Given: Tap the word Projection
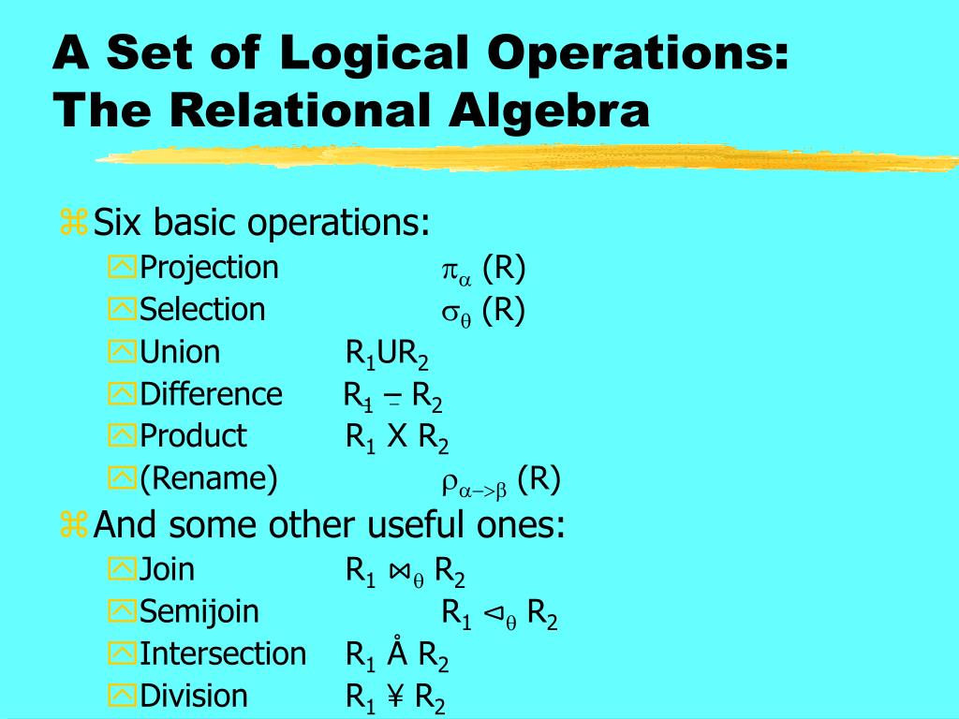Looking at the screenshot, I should click(x=209, y=268).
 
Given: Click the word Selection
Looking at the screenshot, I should click(x=202, y=310).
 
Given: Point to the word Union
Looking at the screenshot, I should click(x=180, y=352).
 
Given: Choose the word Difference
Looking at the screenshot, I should click(x=211, y=394).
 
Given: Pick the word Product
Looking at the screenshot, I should click(x=193, y=436).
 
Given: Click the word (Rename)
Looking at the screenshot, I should click(x=208, y=478).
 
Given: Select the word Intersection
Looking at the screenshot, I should click(x=223, y=653).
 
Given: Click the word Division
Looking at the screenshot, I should click(x=194, y=696).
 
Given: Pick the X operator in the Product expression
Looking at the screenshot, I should click(x=397, y=436).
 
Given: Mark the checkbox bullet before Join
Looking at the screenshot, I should click(x=122, y=570).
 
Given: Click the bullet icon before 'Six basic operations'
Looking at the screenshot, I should click(x=73, y=224).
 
